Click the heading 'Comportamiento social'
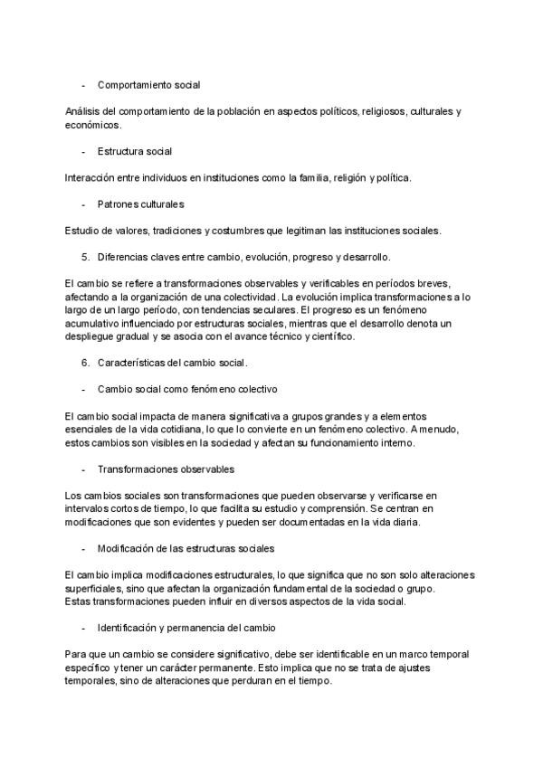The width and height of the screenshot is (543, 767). (x=148, y=85)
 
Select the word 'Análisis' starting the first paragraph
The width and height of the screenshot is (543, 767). (x=83, y=112)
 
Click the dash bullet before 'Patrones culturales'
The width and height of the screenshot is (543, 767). (x=83, y=204)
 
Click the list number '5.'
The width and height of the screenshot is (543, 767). (x=86, y=257)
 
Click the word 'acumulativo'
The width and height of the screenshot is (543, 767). (x=94, y=324)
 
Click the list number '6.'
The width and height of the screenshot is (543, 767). (x=86, y=364)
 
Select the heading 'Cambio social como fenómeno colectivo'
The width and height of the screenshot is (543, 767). (x=187, y=390)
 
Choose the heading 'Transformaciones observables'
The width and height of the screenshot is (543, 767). (x=166, y=469)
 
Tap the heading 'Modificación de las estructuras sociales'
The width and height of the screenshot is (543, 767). (x=186, y=549)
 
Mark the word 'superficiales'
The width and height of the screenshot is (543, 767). (x=95, y=589)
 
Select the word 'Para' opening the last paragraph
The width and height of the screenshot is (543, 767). (x=77, y=655)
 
